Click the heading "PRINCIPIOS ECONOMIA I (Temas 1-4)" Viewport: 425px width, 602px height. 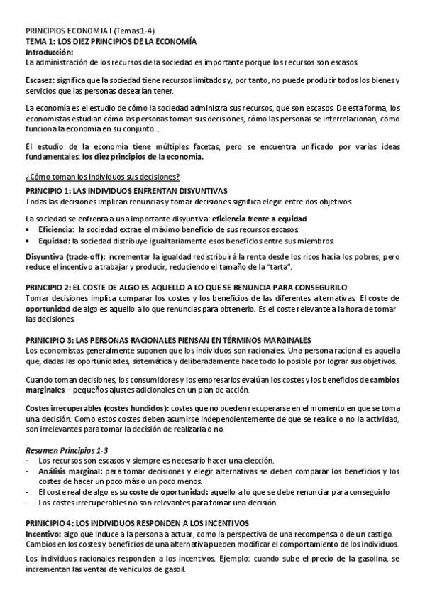(x=91, y=33)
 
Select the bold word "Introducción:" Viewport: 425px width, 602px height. (x=49, y=52)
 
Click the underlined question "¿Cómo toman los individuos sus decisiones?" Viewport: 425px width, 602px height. (x=102, y=176)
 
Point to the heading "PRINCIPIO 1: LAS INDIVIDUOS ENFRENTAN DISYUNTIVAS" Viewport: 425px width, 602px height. (x=126, y=192)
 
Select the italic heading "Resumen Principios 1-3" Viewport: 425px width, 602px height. (x=67, y=451)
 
